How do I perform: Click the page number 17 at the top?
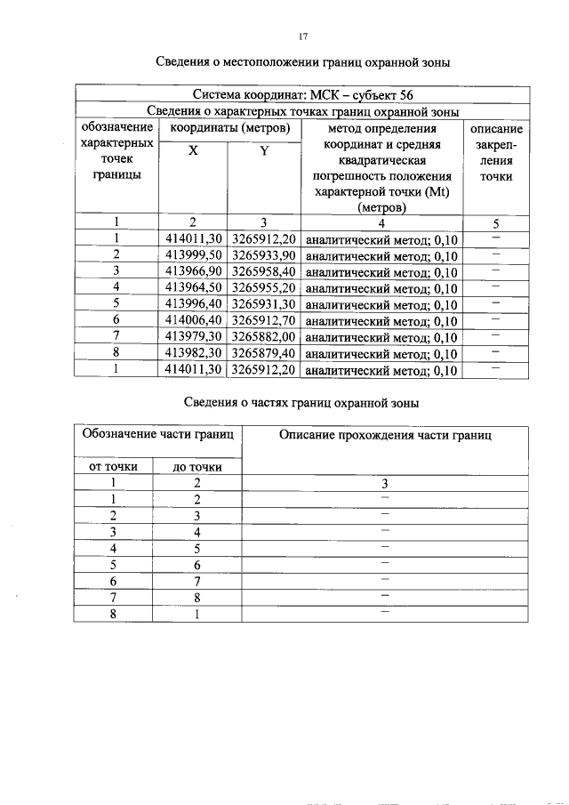pos(302,36)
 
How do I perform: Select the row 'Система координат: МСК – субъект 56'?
pos(301,95)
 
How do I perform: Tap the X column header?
pos(193,150)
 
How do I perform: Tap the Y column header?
pos(264,150)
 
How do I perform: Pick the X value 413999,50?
pos(193,255)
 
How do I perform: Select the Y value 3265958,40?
pos(264,271)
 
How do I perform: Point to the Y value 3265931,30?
pos(264,304)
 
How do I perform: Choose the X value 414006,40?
pos(193,320)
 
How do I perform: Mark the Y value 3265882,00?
pos(264,337)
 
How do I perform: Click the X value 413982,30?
pos(193,353)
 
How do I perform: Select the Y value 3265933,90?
pos(264,255)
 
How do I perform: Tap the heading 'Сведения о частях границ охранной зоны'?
pos(301,403)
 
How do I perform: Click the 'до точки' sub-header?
pos(197,466)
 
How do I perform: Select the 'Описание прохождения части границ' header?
pos(384,435)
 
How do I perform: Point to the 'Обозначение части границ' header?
pos(157,435)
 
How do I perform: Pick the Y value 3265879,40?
pos(264,353)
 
